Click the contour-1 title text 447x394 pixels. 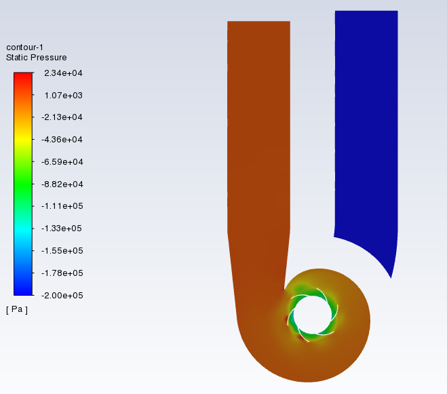tap(24, 47)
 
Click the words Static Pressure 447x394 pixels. tap(36, 58)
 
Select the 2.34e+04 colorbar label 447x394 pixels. tap(63, 73)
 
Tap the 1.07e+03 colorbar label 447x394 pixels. tap(63, 96)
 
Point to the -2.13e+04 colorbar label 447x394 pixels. tap(62, 117)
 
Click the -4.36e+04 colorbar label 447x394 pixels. tap(62, 140)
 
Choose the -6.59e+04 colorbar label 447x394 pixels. tap(62, 162)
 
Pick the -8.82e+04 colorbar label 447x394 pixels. tap(62, 184)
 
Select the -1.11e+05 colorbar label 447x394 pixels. tap(62, 206)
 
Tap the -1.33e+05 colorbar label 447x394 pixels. tap(62, 229)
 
